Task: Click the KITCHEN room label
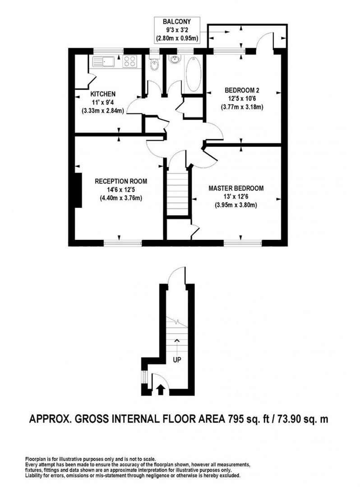pos(103,94)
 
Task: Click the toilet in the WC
pos(154,65)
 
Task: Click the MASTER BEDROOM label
pos(235,188)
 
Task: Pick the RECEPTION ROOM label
pos(120,181)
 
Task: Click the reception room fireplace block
pos(78,190)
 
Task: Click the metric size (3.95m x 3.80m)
pos(235,205)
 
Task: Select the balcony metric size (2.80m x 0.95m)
pos(177,38)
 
